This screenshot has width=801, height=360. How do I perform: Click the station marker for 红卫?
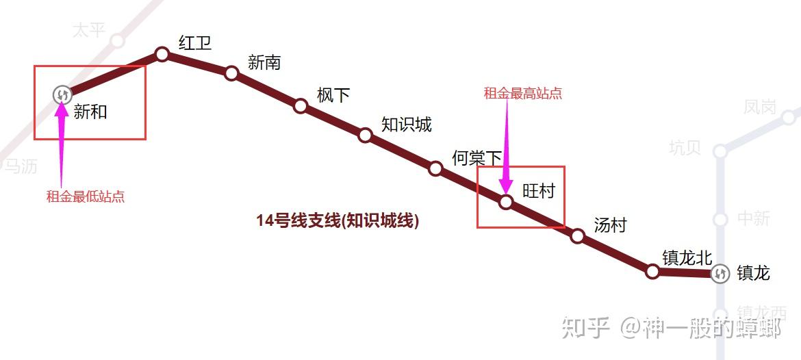[162, 54]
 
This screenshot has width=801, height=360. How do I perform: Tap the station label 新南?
[264, 63]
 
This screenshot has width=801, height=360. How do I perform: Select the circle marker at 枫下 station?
[301, 105]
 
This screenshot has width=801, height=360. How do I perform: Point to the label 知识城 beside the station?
[407, 125]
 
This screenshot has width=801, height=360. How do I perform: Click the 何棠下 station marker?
[435, 168]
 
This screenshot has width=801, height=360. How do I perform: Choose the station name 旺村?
[539, 191]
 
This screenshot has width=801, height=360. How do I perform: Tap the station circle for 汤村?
[578, 236]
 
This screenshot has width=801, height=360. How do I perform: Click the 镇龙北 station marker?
[652, 272]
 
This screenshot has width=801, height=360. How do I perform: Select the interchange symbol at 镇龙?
[720, 274]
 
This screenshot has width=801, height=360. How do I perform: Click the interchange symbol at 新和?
[62, 95]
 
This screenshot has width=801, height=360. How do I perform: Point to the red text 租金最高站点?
[523, 94]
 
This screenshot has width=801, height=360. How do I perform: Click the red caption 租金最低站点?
[86, 197]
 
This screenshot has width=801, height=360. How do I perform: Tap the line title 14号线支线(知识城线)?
[338, 220]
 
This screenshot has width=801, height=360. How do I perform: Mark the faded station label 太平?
[89, 30]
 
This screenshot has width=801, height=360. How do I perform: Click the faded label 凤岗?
[760, 107]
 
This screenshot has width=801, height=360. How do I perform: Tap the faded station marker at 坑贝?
[720, 151]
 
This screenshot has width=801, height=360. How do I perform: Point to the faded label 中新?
[754, 219]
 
